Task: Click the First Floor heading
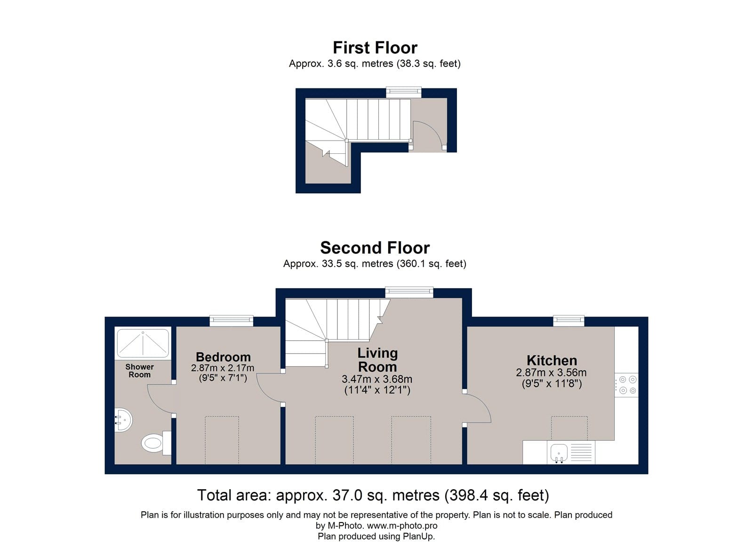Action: (375, 48)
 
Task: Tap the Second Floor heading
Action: (375, 248)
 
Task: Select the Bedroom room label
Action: (223, 357)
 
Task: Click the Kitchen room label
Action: (552, 361)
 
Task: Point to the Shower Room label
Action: (139, 371)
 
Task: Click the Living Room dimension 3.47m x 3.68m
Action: (377, 379)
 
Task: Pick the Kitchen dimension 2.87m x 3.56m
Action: (551, 373)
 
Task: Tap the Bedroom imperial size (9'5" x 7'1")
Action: (223, 378)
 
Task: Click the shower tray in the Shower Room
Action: (143, 343)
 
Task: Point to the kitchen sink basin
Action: (559, 452)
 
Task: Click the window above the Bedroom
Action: (231, 321)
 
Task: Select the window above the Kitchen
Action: (569, 321)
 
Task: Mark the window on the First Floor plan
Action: (403, 92)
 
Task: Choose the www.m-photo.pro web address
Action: (402, 525)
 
